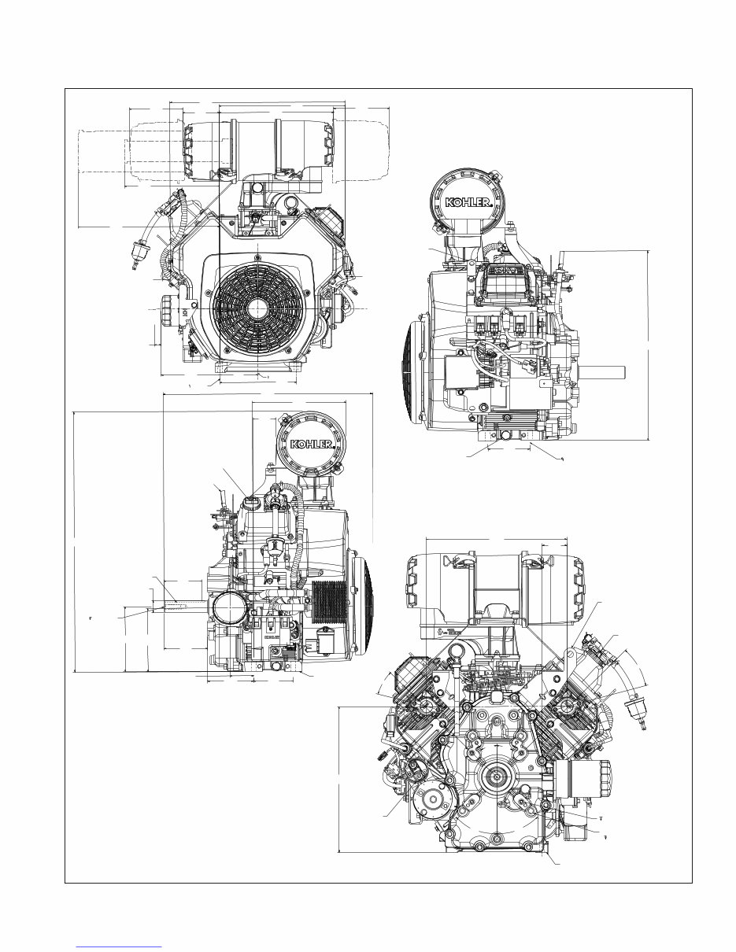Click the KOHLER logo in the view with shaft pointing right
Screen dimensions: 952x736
click(470, 203)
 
